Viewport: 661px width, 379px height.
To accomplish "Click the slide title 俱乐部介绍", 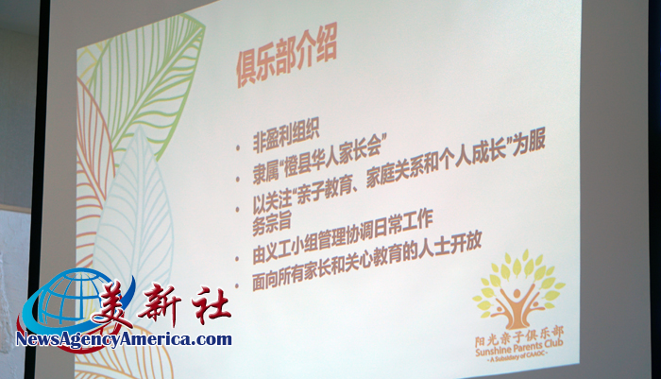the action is tap(286, 60).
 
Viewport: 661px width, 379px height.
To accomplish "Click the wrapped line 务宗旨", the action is tap(272, 223).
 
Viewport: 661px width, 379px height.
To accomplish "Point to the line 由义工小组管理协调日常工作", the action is tap(342, 236).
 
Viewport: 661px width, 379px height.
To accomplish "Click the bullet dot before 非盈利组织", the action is tap(239, 147).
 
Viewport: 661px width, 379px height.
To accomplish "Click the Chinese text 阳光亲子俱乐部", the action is tap(519, 336).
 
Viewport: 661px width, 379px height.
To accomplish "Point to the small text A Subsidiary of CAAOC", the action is tap(518, 356).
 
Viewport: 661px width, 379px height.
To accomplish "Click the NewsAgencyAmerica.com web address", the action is tap(124, 339).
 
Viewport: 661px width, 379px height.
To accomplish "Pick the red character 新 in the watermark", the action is tap(161, 304).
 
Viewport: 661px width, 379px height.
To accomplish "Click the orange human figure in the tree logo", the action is tap(517, 306).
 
